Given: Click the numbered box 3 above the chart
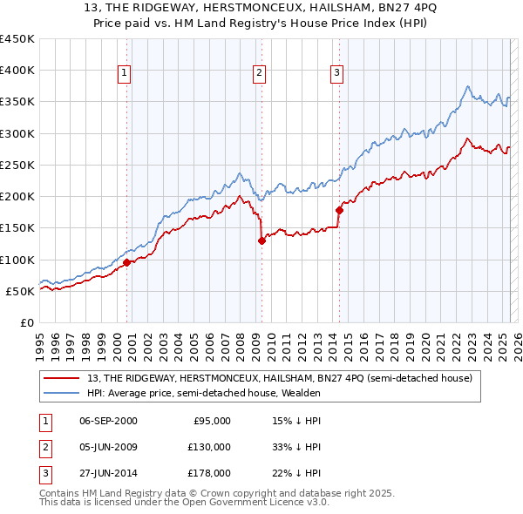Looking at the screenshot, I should pyautogui.click(x=337, y=73).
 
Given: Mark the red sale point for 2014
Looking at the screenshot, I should pyautogui.click(x=339, y=210).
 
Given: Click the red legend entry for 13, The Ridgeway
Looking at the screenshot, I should pyautogui.click(x=279, y=378).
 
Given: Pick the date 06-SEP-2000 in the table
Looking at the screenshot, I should pyautogui.click(x=108, y=421).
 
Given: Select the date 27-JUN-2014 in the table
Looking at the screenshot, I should pyautogui.click(x=108, y=473).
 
